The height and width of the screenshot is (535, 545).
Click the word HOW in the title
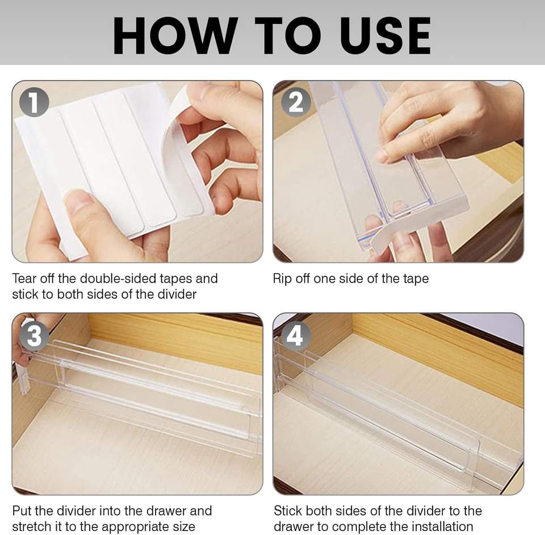174,36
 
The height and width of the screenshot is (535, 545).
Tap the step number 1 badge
34,102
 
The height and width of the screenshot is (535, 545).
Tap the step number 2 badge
296,102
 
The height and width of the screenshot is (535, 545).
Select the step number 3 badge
34,336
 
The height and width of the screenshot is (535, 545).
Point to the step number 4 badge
296,336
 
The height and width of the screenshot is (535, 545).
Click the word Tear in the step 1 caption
24,279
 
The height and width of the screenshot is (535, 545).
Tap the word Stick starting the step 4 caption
287,511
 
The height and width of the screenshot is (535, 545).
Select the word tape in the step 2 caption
416,279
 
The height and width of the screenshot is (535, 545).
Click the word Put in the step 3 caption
22,511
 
